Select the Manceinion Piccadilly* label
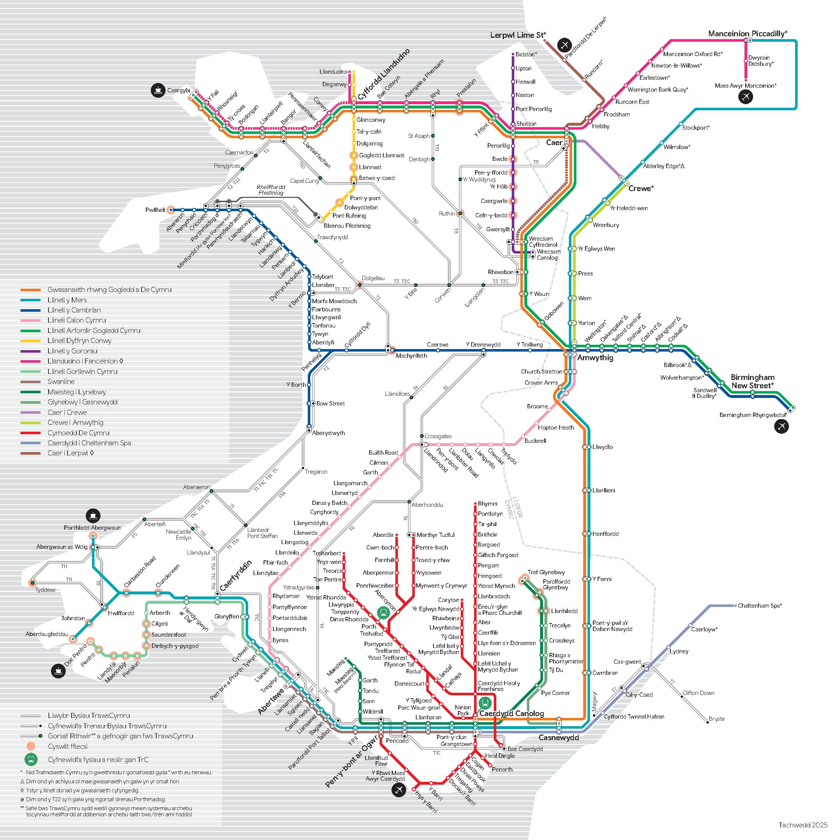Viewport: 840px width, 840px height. click(x=747, y=33)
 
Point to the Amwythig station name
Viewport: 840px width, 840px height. click(x=595, y=358)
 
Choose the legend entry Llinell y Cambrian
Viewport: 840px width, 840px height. click(x=74, y=310)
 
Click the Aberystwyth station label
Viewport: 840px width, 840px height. click(x=328, y=433)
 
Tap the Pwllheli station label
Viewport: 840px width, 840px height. click(x=155, y=210)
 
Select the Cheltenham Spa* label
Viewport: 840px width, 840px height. click(x=760, y=605)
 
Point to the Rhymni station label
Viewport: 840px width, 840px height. click(x=487, y=503)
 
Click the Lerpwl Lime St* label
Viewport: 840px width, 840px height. click(x=518, y=35)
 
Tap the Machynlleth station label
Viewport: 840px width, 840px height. click(x=411, y=356)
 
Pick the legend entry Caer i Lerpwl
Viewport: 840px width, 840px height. click(x=70, y=453)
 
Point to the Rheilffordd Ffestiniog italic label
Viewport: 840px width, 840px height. click(x=270, y=190)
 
